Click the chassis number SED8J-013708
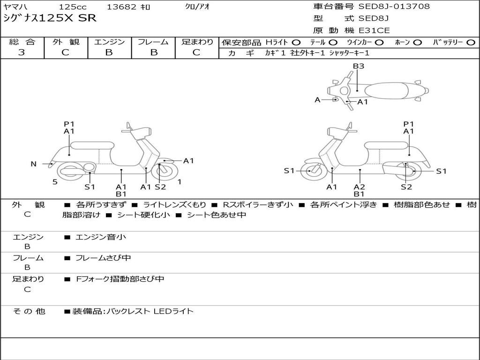[x=394, y=6]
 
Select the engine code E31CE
[x=374, y=30]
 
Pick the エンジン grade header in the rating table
[x=109, y=42]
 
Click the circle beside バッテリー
[x=471, y=43]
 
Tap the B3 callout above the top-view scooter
[x=359, y=66]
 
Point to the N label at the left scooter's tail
[x=33, y=164]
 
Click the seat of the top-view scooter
[x=386, y=91]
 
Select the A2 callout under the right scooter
[x=360, y=187]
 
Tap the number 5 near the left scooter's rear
[x=55, y=182]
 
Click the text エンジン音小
[x=101, y=237]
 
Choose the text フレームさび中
[x=103, y=258]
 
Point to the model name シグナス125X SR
[x=50, y=18]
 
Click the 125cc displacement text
[x=73, y=7]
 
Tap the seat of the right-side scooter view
[x=387, y=145]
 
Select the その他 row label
[x=29, y=311]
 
